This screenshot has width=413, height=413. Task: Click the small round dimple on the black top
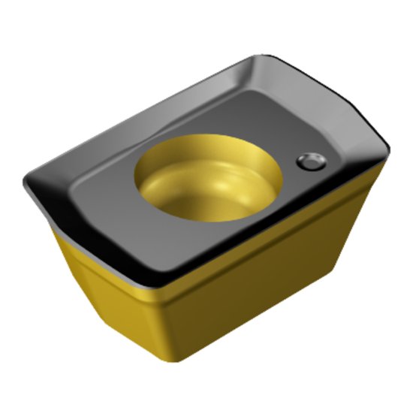pos(309,161)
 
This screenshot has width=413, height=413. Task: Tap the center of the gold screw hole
pos(208,179)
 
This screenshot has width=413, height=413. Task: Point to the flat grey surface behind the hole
pos(225,113)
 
